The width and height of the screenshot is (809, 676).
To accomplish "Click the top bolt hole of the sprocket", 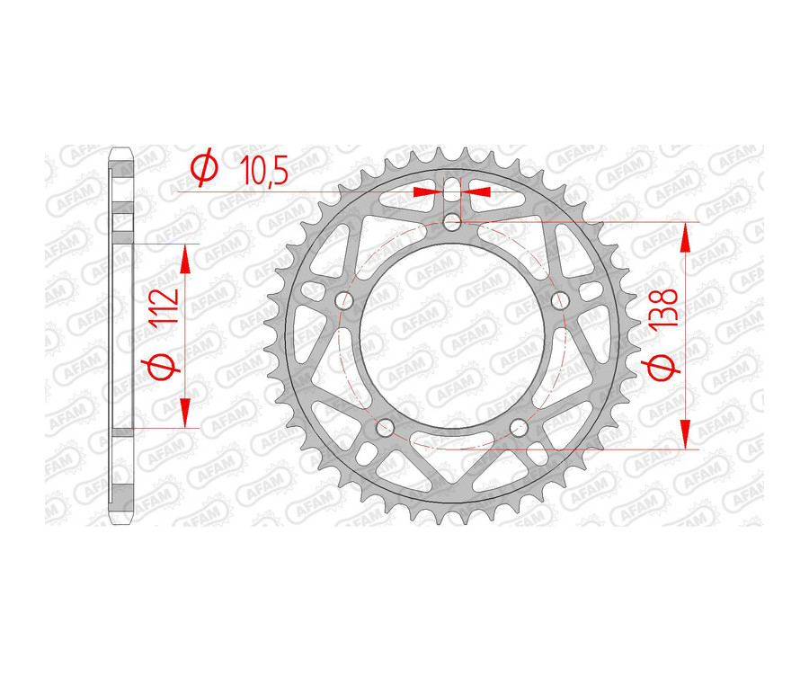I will pyautogui.click(x=454, y=222).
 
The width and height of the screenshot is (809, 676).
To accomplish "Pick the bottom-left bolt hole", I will pyautogui.click(x=386, y=426).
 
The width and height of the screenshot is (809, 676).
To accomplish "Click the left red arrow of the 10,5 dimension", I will pyautogui.click(x=427, y=191).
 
